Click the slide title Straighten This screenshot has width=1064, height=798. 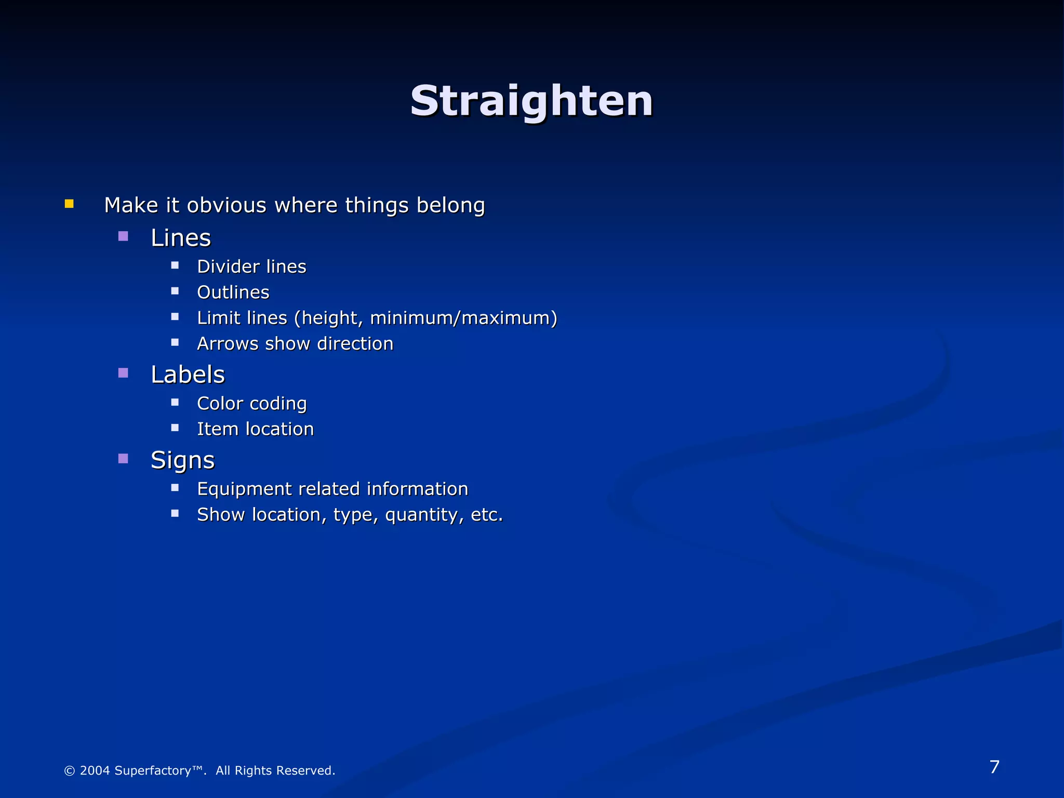531,101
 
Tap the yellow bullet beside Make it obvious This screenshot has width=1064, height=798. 69,204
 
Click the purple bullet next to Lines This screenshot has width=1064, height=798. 123,237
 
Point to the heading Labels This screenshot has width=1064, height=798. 188,375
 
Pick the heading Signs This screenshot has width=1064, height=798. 182,460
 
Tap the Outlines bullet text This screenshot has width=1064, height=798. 233,292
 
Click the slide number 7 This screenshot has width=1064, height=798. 994,767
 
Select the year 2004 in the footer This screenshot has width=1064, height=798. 95,770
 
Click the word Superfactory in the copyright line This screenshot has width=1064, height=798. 153,770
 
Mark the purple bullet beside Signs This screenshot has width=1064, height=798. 123,459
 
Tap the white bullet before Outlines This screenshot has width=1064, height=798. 175,291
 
